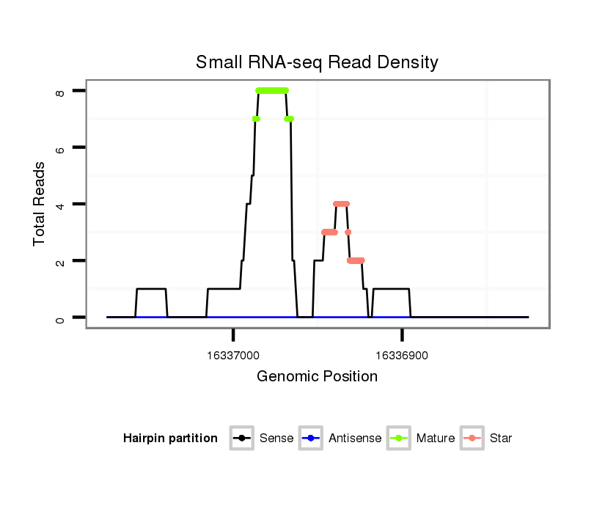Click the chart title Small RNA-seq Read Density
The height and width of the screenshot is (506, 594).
(x=317, y=62)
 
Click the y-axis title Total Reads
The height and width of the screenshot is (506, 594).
(x=40, y=204)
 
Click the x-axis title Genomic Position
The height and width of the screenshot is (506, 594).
(x=317, y=377)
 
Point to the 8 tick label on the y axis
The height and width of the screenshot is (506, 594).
(x=60, y=91)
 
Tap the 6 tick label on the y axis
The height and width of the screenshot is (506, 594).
(x=60, y=147)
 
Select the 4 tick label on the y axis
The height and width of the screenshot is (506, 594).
(x=60, y=204)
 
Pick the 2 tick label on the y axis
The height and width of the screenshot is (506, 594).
(x=60, y=261)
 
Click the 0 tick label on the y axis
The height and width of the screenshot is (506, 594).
(x=60, y=318)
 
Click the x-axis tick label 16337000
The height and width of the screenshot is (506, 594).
(x=233, y=356)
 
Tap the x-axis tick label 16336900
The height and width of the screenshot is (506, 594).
(x=402, y=356)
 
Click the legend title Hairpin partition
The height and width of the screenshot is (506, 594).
(x=170, y=439)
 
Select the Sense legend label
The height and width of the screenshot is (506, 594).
(x=276, y=439)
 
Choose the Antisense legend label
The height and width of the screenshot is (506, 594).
(x=355, y=439)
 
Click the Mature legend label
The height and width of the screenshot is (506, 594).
(x=436, y=439)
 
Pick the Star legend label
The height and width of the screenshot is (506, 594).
(x=501, y=439)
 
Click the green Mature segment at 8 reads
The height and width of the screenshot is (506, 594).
(x=272, y=90)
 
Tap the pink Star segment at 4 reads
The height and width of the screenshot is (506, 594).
(x=341, y=204)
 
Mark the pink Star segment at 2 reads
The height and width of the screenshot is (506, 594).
(x=356, y=260)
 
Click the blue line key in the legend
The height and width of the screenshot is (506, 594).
(x=311, y=439)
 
